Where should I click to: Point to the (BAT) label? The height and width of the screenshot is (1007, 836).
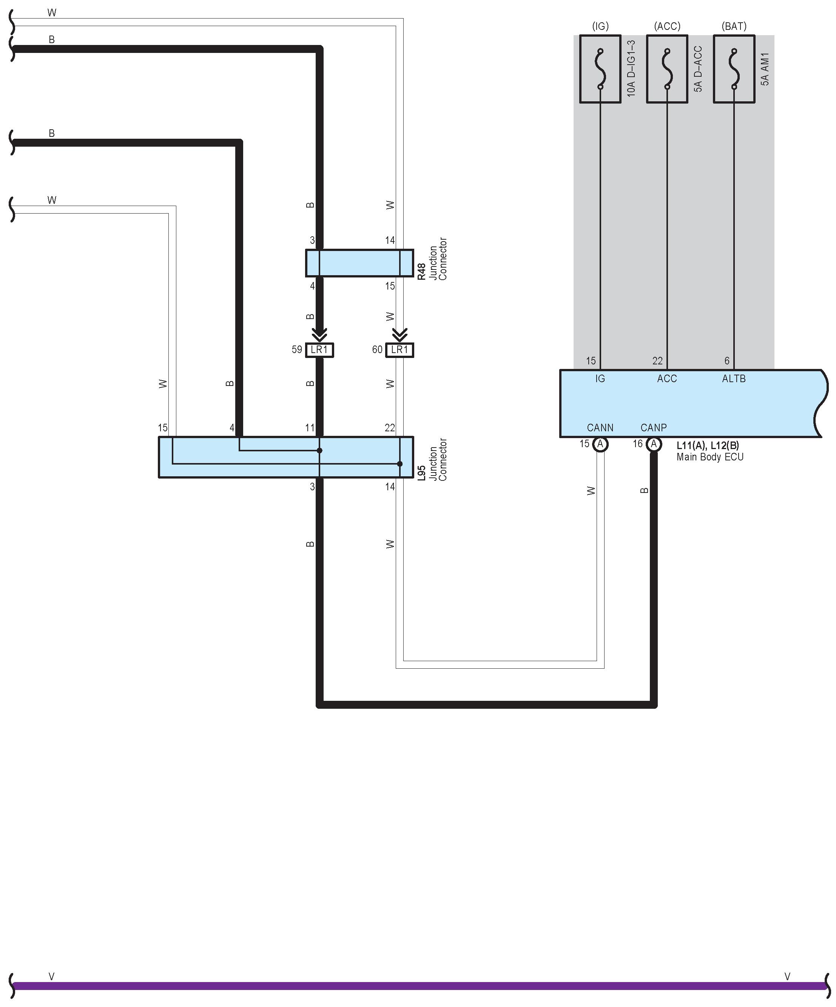(734, 26)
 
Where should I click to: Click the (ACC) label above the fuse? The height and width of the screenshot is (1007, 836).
(667, 26)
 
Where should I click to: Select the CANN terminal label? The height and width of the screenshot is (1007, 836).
(600, 427)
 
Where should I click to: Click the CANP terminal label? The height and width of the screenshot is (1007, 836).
(654, 427)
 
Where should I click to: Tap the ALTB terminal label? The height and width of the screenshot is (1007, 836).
(733, 379)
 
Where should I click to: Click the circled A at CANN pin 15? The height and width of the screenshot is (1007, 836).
(600, 445)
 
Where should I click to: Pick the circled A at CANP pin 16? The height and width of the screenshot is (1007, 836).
(654, 445)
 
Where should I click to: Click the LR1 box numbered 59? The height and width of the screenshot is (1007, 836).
(319, 350)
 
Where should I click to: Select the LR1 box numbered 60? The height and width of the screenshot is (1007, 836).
(399, 350)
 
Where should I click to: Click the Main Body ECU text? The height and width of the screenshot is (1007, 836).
(710, 457)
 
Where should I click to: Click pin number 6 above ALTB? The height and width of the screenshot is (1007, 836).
(727, 361)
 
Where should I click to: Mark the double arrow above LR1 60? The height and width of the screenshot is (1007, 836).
(399, 334)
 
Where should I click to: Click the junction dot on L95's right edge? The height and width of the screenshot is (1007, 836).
(399, 464)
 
